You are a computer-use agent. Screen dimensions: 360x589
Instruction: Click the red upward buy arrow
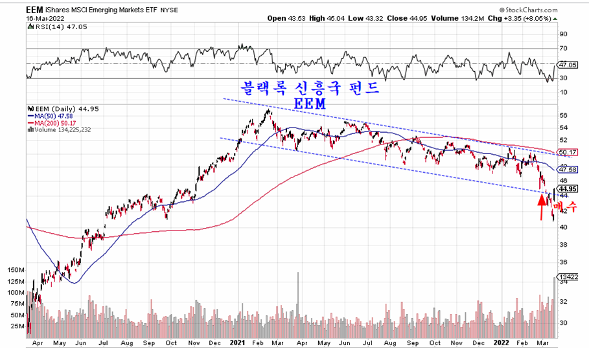[x=542, y=207]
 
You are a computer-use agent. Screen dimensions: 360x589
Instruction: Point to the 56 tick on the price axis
[x=563, y=115]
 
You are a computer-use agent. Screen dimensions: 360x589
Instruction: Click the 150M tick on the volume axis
[x=15, y=269]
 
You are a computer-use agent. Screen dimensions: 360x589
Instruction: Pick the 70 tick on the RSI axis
[x=563, y=49]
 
